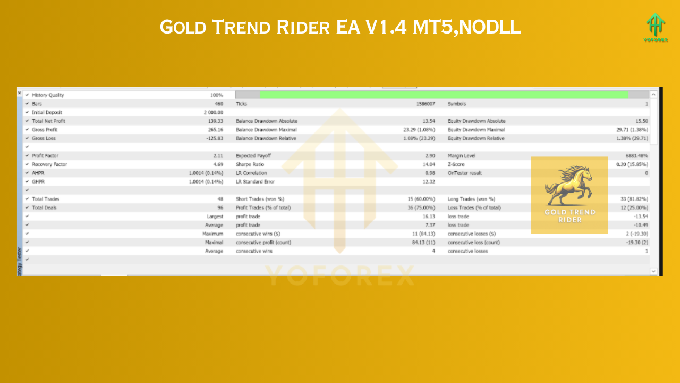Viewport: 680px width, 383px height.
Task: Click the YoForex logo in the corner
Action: click(x=656, y=27)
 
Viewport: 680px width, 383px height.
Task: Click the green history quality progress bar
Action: click(x=444, y=95)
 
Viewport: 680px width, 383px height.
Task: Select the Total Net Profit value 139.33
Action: click(x=214, y=121)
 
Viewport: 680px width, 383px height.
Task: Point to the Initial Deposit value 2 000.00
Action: click(x=213, y=113)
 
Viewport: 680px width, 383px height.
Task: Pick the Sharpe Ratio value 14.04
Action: click(x=428, y=164)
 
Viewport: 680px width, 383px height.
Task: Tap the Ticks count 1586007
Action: click(x=425, y=104)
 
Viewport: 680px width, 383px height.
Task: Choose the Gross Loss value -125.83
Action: click(x=212, y=138)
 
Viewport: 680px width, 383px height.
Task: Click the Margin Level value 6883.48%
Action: click(x=635, y=156)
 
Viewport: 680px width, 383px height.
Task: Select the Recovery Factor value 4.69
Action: click(x=218, y=164)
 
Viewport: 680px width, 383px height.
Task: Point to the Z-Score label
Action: click(x=456, y=164)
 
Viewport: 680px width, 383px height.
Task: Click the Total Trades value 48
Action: click(x=219, y=199)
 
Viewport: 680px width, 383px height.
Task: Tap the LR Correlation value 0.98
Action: click(x=430, y=173)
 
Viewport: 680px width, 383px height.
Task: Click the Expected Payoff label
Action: click(x=253, y=156)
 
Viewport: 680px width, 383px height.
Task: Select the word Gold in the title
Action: click(x=177, y=27)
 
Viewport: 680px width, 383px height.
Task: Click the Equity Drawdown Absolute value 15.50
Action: click(x=641, y=121)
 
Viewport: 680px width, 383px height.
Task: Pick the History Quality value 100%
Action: click(x=217, y=95)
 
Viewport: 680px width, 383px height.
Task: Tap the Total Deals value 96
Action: click(x=219, y=207)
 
